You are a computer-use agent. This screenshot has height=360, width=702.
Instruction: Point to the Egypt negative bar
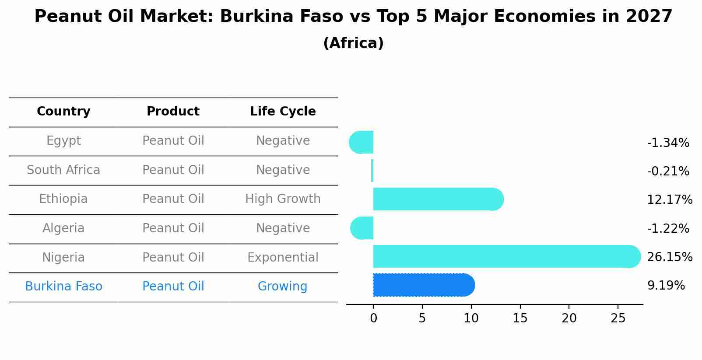point(362,142)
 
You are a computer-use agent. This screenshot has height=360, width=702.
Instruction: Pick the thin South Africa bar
point(372,171)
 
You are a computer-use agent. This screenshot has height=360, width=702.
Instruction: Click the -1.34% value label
point(668,143)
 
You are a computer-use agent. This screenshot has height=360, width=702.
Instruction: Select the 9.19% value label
point(666,286)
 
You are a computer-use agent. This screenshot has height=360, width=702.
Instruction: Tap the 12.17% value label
point(669,200)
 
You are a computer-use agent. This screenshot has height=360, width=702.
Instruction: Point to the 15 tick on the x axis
point(520,318)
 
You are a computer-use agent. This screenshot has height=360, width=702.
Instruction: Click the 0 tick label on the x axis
point(373,318)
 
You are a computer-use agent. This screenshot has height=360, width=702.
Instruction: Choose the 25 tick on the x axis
point(618,318)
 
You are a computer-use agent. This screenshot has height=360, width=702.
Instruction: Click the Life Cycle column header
point(283,112)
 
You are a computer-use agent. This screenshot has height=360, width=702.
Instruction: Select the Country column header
point(63,112)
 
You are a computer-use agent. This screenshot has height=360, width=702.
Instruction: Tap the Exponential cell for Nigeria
point(283,257)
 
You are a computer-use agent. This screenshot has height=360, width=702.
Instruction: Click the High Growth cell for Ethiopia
point(283,199)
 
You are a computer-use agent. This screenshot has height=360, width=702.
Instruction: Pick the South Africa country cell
point(63,170)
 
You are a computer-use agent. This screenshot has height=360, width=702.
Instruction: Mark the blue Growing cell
point(283,287)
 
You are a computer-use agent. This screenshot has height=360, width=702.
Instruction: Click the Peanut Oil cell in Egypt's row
point(173,141)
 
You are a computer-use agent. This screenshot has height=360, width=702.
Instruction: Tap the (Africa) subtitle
point(353,43)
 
